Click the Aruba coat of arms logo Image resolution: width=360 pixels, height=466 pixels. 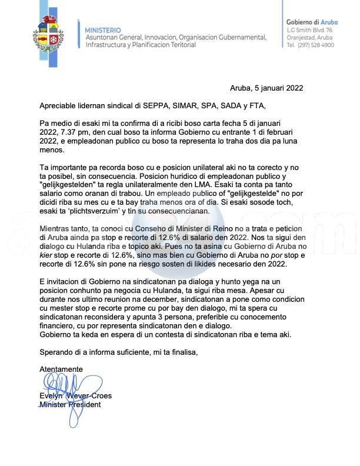[49, 36]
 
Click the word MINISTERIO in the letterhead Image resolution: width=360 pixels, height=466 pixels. [103, 30]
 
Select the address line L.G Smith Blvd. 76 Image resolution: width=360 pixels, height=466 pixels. [309, 30]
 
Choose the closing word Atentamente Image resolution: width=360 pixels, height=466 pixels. [61, 369]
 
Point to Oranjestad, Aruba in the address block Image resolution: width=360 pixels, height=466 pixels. [309, 37]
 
